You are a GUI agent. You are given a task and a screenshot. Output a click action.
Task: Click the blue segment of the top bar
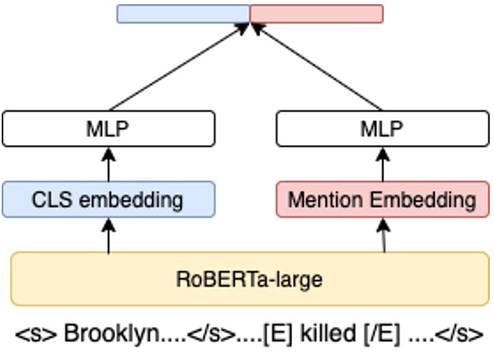(182, 14)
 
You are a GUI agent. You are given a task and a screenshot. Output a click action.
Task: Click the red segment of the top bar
(316, 14)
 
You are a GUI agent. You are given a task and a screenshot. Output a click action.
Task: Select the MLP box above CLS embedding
(108, 129)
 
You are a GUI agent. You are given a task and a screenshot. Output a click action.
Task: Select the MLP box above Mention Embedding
(381, 129)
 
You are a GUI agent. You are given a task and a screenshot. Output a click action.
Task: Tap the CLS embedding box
(108, 200)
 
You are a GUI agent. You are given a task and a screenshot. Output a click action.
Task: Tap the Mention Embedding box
(381, 200)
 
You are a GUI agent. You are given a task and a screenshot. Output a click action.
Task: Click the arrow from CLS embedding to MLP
(108, 164)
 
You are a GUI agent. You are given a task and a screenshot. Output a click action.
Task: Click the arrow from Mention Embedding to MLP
(381, 164)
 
